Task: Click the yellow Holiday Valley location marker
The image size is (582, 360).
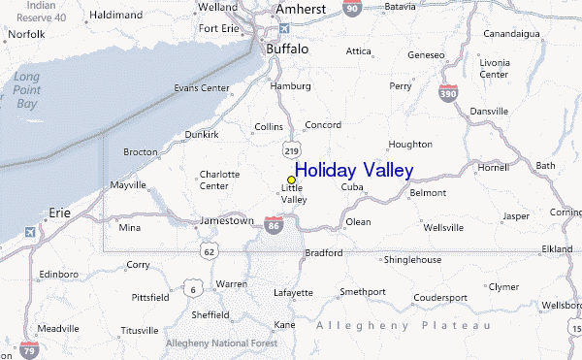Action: click(291, 180)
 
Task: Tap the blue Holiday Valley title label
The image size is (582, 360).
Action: click(354, 171)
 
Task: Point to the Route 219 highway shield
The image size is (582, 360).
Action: click(291, 150)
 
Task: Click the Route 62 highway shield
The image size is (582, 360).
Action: click(209, 250)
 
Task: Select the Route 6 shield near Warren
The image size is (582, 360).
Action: click(194, 289)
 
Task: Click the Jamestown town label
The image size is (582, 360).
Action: click(226, 220)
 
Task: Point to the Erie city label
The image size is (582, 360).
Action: click(60, 211)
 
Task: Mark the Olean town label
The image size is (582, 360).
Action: click(359, 221)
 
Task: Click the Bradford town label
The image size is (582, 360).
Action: click(323, 253)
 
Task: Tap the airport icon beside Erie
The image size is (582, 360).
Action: click(31, 233)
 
